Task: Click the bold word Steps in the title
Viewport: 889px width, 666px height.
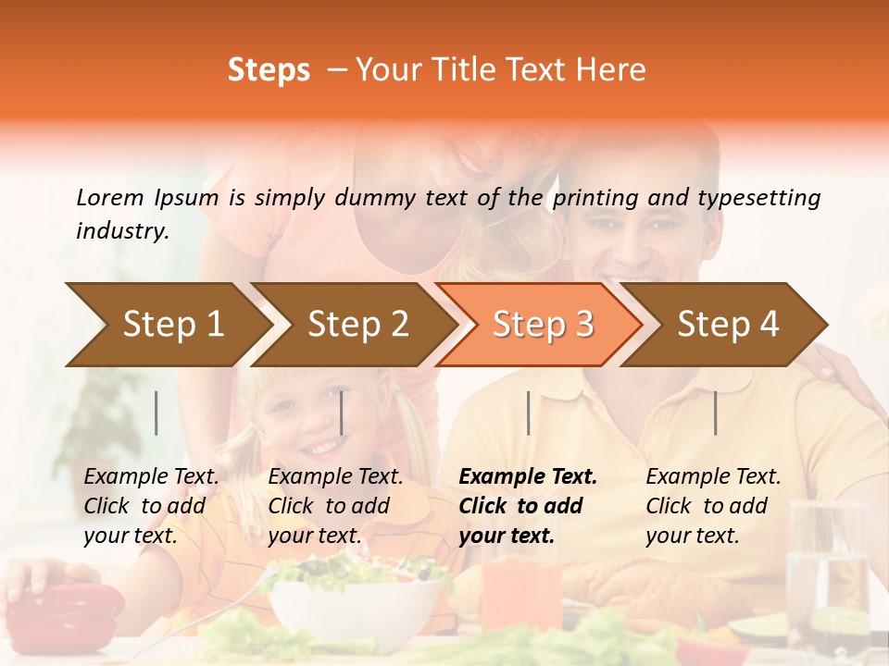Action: [269, 70]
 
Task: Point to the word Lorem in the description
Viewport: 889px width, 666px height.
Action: [109, 197]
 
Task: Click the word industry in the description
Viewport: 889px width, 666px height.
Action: [121, 231]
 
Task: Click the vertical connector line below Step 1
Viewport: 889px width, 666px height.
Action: [157, 413]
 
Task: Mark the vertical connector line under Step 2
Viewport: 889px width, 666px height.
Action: [342, 413]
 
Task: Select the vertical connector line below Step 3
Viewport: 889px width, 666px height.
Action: [528, 413]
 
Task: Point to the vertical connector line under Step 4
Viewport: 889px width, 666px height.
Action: [715, 413]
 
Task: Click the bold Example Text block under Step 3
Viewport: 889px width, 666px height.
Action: [528, 506]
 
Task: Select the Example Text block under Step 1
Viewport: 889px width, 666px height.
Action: [151, 506]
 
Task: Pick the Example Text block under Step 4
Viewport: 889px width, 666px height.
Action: [713, 506]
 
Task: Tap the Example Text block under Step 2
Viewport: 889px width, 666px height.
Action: [335, 506]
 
